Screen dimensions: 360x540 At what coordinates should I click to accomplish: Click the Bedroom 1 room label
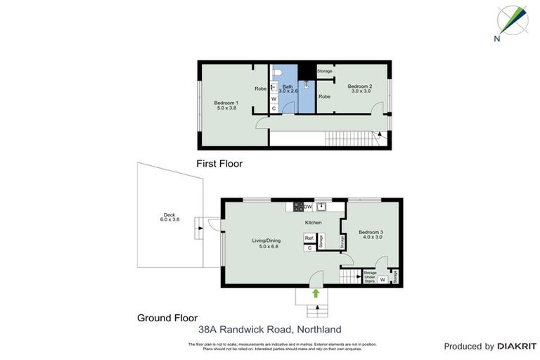226,105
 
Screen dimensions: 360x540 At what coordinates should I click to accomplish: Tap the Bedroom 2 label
360,89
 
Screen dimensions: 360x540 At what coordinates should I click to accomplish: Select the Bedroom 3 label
370,234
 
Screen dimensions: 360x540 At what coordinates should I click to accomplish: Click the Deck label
169,217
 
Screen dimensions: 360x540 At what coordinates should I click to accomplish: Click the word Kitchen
313,223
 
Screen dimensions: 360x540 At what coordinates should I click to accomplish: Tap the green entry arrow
316,292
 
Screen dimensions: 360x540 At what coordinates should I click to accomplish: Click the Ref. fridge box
309,238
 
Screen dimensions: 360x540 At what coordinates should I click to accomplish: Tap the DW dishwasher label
308,207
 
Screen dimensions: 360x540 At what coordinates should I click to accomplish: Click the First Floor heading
219,164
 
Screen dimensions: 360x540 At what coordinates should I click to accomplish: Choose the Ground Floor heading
167,318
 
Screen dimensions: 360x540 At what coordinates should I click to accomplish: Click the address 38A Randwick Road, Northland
269,329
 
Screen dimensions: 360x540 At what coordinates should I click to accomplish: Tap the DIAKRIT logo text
517,346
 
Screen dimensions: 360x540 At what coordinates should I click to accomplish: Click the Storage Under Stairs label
371,276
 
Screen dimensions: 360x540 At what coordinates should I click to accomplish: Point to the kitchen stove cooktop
298,207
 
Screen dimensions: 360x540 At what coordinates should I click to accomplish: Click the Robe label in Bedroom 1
260,89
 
